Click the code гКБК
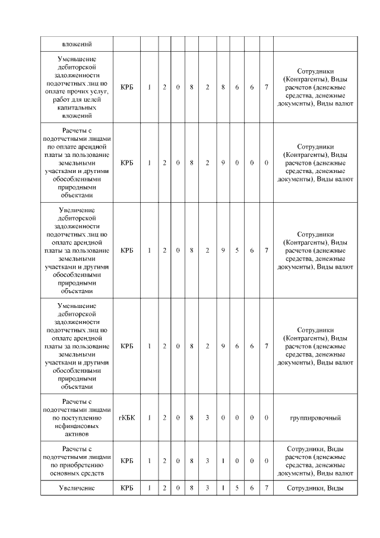126,418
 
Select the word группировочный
315,418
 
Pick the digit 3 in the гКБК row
207,418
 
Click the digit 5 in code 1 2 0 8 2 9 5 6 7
237,250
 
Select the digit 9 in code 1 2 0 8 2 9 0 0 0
223,162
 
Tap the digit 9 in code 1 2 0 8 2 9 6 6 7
223,345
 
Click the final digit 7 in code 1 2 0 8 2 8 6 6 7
266,87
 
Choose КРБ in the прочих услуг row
126,87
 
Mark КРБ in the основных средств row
126,461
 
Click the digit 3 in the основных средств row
207,461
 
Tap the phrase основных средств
77,473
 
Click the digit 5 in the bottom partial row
237,488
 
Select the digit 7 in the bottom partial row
266,488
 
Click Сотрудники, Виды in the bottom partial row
315,488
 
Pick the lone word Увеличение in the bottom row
77,488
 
